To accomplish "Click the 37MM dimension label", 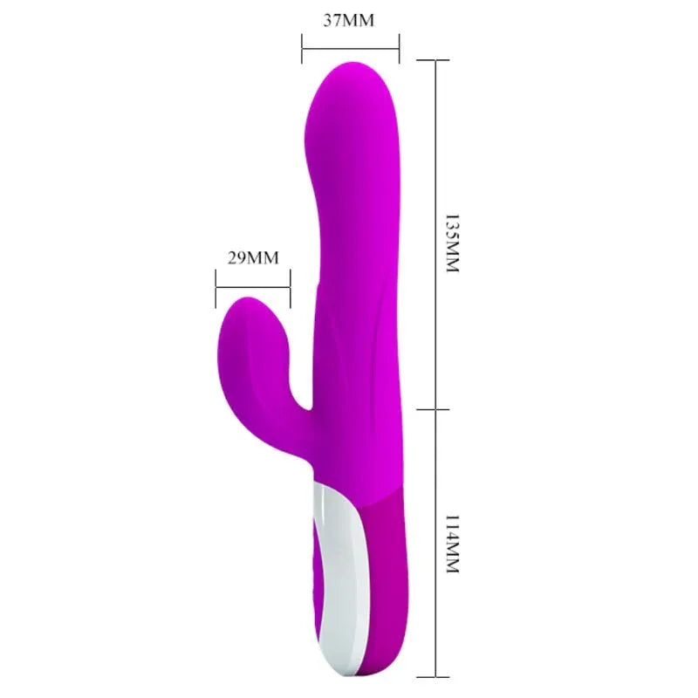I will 349,20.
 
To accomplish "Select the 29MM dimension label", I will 253,257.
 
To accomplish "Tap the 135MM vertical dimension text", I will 451,243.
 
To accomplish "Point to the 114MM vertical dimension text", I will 451,543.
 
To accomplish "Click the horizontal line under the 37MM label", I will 350,48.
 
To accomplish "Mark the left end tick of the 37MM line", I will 302,48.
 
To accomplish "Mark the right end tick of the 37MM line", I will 399,48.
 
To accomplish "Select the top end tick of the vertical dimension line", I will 435,59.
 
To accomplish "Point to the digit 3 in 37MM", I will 327,20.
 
